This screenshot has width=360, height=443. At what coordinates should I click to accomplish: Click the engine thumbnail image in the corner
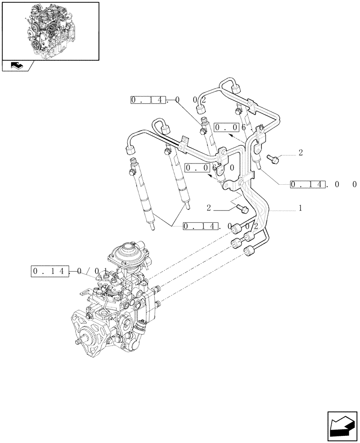50,31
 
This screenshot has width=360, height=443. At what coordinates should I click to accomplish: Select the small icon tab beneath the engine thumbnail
18,66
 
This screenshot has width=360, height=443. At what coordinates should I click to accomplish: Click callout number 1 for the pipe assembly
301,208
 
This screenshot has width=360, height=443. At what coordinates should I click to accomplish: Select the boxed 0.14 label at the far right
308,184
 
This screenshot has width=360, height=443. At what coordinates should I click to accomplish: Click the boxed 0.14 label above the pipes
149,100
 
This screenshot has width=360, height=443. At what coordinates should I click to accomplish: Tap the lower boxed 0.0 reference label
198,168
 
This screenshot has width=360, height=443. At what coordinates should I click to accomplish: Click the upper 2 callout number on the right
301,153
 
